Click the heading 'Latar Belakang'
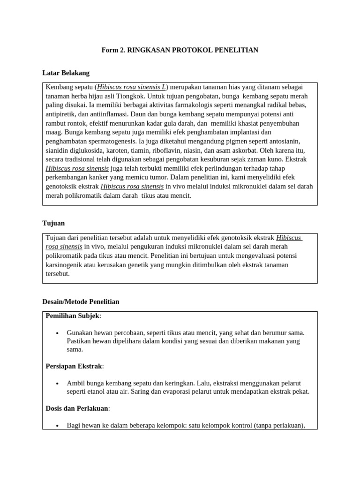pyautogui.click(x=66, y=73)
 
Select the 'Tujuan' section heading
pyautogui.click(x=54, y=224)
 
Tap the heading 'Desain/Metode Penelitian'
pyautogui.click(x=81, y=302)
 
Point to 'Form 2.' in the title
pyautogui.click(x=113, y=50)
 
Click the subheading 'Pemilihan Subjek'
pyautogui.click(x=72, y=316)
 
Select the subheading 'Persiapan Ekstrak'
pyautogui.click(x=74, y=366)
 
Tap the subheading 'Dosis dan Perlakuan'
pyautogui.click(x=77, y=408)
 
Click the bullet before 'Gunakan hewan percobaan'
pyautogui.click(x=57, y=333)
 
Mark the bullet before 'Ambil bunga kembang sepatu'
pyautogui.click(x=57, y=383)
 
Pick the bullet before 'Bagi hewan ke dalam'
pyautogui.click(x=57, y=426)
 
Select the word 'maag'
pyautogui.click(x=53, y=132)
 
